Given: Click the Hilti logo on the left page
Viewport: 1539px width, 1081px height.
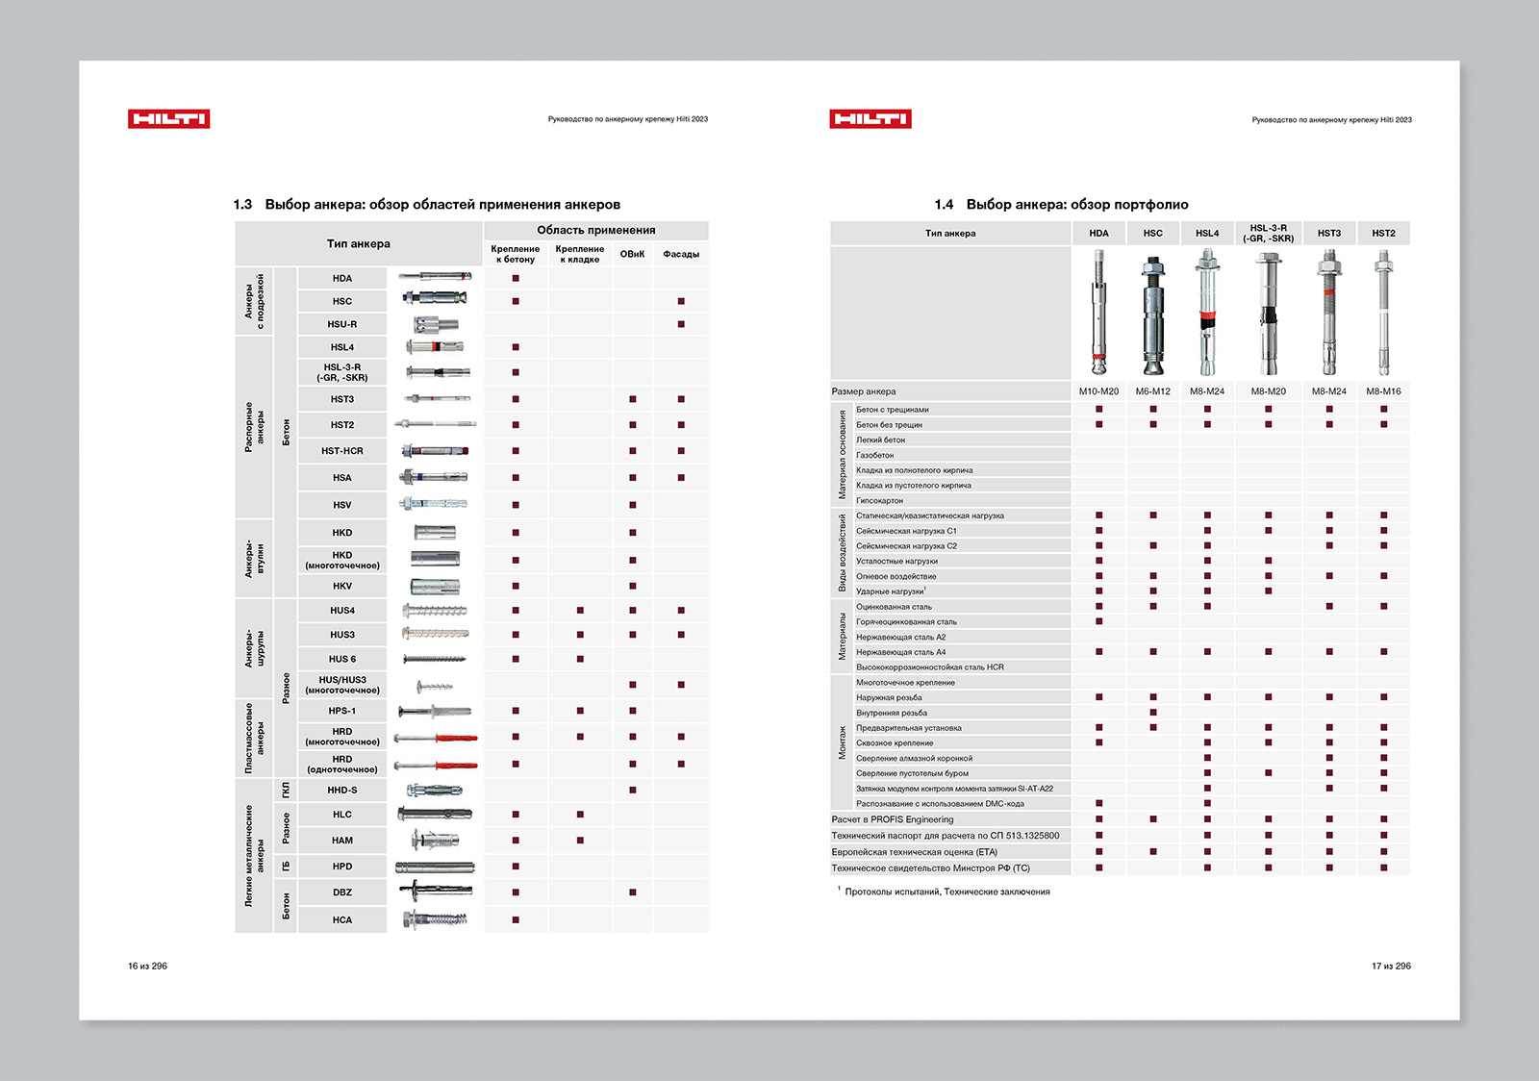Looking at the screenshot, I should [168, 119].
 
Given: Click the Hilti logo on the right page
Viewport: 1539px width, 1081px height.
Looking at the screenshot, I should [870, 119].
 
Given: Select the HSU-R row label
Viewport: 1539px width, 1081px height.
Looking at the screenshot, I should [341, 324].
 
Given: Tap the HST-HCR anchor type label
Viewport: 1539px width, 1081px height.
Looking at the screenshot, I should [341, 451].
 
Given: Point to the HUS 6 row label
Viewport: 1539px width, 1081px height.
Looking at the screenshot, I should [341, 659].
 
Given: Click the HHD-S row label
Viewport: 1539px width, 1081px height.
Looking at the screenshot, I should [341, 790].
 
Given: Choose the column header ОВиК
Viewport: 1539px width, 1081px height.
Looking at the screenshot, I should [632, 254].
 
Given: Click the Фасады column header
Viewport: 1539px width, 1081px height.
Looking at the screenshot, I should [681, 254].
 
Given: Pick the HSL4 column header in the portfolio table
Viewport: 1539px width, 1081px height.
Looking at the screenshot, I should [1207, 234].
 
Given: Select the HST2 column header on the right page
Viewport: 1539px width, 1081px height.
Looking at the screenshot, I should [1383, 234].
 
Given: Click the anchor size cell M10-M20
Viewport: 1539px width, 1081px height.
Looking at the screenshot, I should [1098, 391].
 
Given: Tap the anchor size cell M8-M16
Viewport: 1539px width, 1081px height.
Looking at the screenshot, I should [1383, 391].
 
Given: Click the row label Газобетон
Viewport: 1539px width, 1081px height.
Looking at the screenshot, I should [875, 455].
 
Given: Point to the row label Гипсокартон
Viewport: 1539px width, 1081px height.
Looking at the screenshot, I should [879, 501].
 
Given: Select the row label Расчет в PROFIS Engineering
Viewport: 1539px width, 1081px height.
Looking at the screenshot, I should [893, 819].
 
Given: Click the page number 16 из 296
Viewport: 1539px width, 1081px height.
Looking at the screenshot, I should [147, 966].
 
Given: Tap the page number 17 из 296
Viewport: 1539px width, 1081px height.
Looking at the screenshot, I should [1391, 966].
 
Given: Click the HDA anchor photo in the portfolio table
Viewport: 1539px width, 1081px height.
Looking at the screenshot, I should [1098, 314].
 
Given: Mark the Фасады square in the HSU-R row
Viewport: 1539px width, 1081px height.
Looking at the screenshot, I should [681, 324].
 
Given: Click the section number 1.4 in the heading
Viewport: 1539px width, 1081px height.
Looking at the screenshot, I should [944, 205].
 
